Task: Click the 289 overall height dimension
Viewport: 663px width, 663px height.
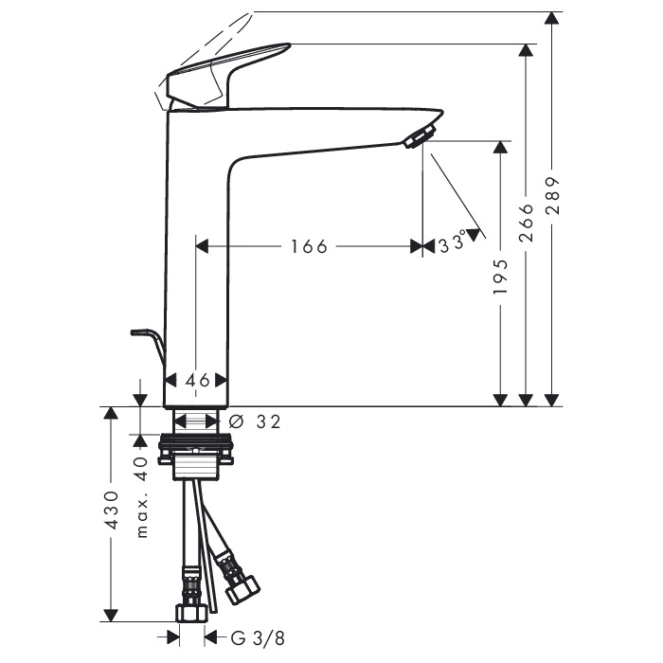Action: tap(552, 195)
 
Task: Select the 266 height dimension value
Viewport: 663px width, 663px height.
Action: tap(527, 223)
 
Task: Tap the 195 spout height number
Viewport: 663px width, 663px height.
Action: tap(501, 278)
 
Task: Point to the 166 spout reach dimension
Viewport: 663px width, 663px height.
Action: tap(309, 246)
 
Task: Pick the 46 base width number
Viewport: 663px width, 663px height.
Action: tap(197, 381)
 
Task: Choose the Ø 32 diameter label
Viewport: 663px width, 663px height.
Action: tap(255, 421)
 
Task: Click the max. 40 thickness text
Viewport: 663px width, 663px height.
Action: tap(142, 497)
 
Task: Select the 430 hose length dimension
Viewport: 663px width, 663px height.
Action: tap(112, 511)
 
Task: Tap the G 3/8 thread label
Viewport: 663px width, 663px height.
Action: tap(258, 638)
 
